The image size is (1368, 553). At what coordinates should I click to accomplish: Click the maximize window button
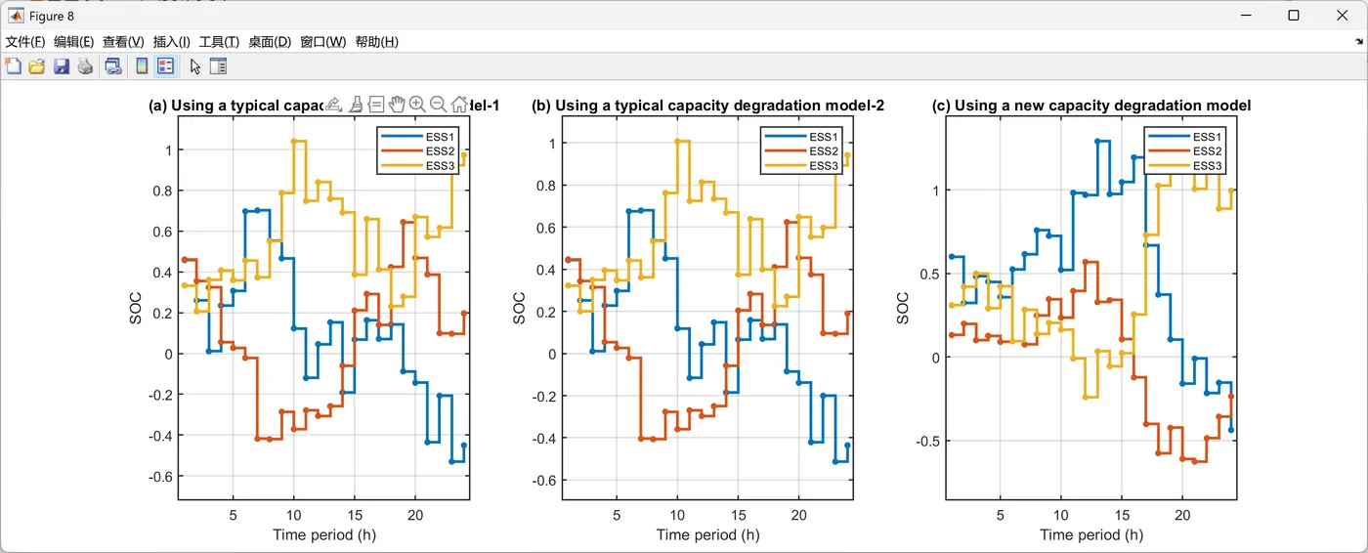1293,16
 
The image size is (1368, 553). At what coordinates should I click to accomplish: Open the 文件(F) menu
25,42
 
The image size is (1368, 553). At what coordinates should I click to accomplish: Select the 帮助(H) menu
376,42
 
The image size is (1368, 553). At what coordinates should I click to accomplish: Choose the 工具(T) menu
219,42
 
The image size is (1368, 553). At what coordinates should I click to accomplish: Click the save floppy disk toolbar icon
62,66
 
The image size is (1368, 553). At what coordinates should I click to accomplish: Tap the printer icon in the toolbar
86,66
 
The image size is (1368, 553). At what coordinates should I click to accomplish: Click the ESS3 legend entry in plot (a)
440,166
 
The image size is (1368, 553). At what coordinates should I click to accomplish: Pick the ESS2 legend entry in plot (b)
823,151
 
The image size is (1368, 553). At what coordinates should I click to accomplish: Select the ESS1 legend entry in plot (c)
1207,137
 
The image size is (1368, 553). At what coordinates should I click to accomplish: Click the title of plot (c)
1090,106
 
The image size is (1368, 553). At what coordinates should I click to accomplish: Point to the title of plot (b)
707,106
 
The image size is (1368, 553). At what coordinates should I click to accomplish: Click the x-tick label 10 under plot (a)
293,515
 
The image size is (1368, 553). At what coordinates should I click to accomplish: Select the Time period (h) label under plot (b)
707,534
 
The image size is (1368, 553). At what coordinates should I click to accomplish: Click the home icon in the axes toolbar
459,105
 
